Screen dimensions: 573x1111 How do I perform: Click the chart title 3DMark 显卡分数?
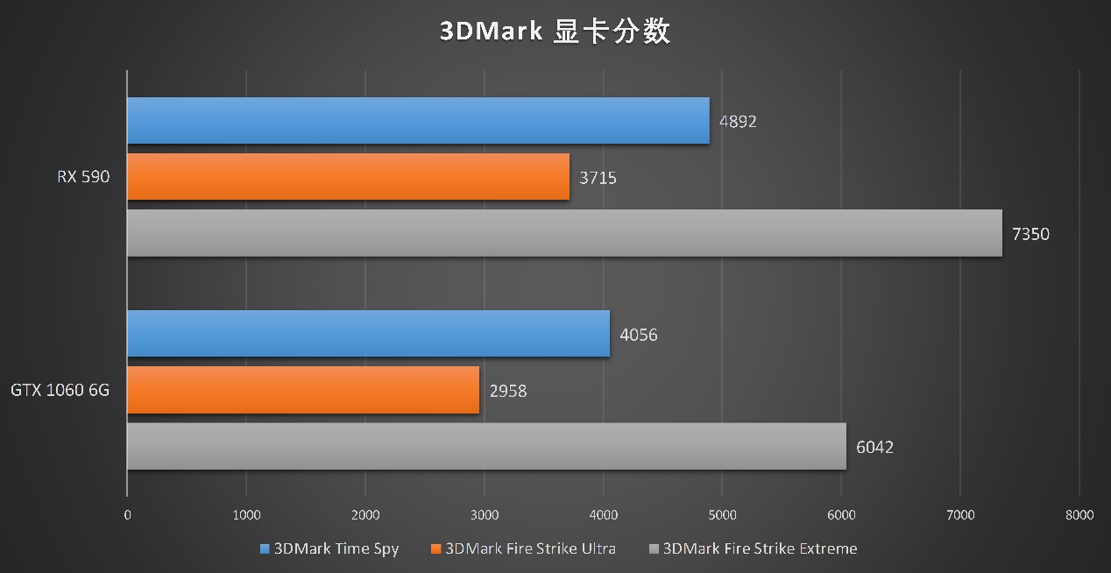pos(555,32)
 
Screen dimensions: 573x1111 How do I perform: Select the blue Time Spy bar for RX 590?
pos(418,121)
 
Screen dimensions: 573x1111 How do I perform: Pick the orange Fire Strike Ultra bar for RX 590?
pos(348,177)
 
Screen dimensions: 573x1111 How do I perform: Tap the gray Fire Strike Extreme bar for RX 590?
pos(564,233)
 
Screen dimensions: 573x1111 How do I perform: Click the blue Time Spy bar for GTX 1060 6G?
pos(368,334)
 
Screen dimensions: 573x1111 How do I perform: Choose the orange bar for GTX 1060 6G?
pos(303,390)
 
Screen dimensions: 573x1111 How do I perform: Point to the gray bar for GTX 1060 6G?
pos(486,447)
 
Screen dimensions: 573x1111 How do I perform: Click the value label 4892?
pos(738,122)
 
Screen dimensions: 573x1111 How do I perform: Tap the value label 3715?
pos(598,178)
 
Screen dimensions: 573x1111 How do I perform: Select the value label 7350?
pos(1030,234)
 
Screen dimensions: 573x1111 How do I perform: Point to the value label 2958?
pos(508,391)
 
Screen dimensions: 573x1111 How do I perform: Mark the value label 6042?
pos(874,448)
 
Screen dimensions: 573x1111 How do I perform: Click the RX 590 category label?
pos(84,177)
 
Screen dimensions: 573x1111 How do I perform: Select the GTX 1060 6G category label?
pos(60,390)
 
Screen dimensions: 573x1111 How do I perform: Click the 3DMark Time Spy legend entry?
pos(329,549)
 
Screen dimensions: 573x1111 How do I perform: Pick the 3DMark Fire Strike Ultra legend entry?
pos(523,549)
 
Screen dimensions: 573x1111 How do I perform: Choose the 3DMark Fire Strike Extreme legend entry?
pos(753,549)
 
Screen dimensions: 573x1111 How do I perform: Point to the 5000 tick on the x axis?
pos(722,515)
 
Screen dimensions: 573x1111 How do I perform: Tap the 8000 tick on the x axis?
pos(1079,515)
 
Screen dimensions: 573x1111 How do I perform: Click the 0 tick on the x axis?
pos(128,515)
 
